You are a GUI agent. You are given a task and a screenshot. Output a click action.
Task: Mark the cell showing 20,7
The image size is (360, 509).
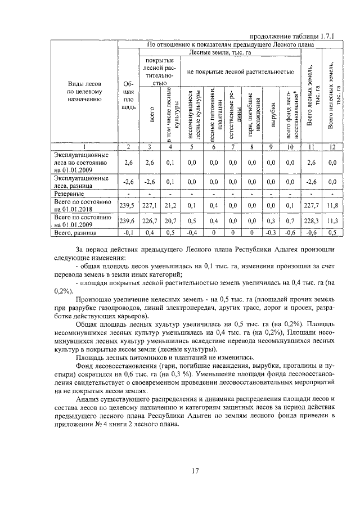pyautogui.click(x=170, y=221)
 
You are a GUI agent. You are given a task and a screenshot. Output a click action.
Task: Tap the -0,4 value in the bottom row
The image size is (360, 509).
pyautogui.click(x=191, y=232)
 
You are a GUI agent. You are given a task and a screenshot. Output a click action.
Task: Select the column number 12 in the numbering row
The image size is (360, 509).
pyautogui.click(x=332, y=147)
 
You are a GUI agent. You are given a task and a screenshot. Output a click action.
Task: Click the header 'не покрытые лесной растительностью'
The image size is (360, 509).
pyautogui.click(x=240, y=71)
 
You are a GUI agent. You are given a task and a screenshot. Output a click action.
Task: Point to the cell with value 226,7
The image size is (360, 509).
pyautogui.click(x=150, y=221)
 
